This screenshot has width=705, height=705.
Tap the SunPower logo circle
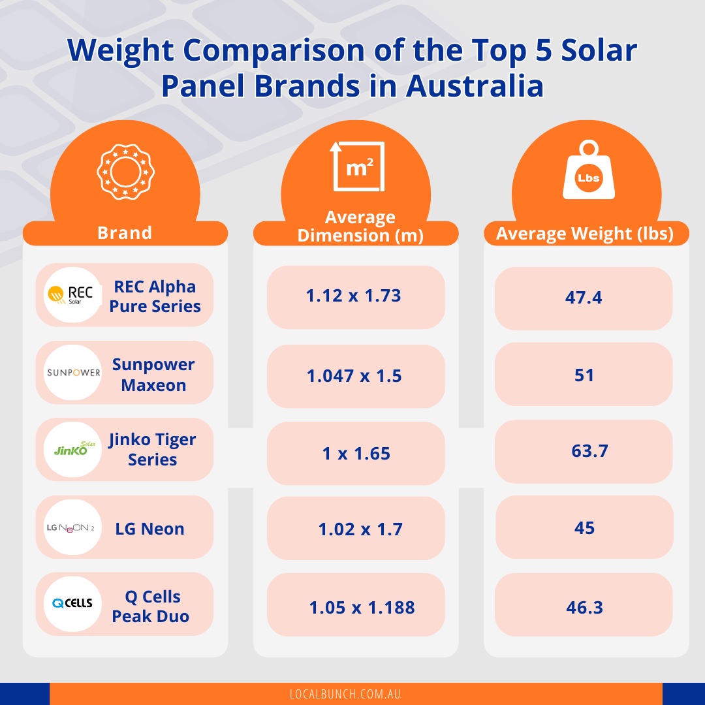(x=73, y=373)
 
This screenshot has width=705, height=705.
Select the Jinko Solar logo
(x=73, y=450)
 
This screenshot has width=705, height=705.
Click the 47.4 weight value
(x=584, y=298)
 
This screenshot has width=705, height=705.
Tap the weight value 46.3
(x=584, y=607)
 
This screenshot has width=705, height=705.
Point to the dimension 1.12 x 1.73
(x=353, y=296)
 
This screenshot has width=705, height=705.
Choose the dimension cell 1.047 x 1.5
(x=354, y=376)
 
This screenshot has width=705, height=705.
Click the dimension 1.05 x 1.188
(x=362, y=607)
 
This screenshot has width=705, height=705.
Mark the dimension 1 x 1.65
(x=356, y=453)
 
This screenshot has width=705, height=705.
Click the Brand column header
(x=125, y=233)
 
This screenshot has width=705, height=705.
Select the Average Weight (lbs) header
(x=585, y=234)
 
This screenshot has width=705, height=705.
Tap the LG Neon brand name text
(x=149, y=529)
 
